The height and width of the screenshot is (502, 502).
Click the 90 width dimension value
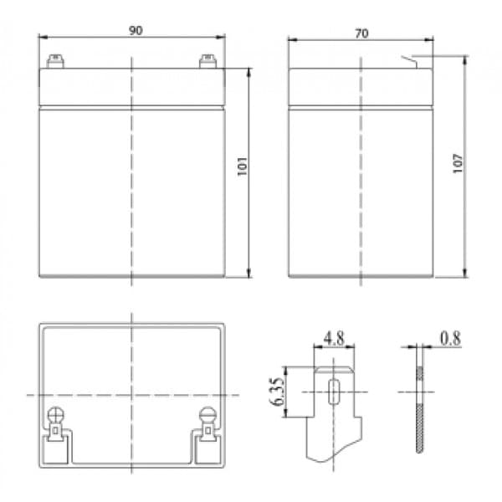pos(136,30)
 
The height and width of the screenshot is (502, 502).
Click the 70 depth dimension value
pos(361,33)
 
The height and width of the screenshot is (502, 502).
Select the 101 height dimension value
pos(243,166)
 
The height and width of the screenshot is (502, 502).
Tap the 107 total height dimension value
pos(458,164)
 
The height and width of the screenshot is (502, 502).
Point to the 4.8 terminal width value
pos(334,338)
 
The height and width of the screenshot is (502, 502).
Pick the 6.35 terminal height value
pos(277,392)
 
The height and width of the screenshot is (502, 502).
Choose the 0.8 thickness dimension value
pos(450,338)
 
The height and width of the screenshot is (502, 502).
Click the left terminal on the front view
pos(55,61)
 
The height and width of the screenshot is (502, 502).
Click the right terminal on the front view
pos(207,61)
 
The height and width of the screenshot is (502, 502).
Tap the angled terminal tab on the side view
pos(409,62)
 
